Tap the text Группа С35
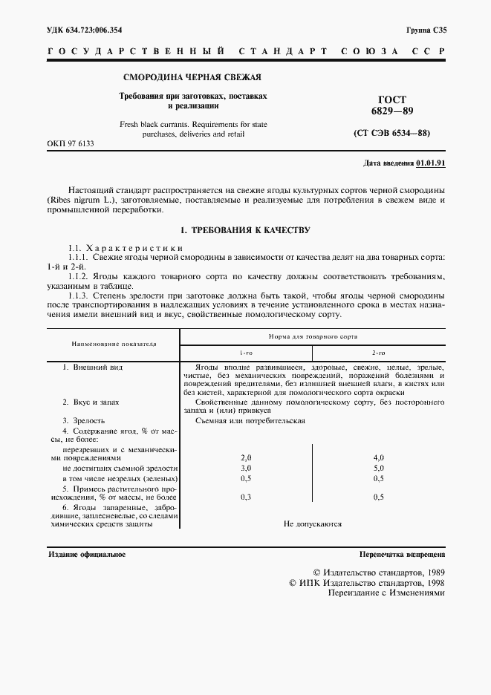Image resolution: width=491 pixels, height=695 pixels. tap(426, 30)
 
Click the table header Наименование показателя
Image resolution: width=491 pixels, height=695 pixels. tap(114, 345)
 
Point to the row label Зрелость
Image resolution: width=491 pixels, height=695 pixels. tap(83, 420)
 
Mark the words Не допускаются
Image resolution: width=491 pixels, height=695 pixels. tap(312, 523)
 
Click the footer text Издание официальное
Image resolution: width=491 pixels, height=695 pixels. tap(87, 555)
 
